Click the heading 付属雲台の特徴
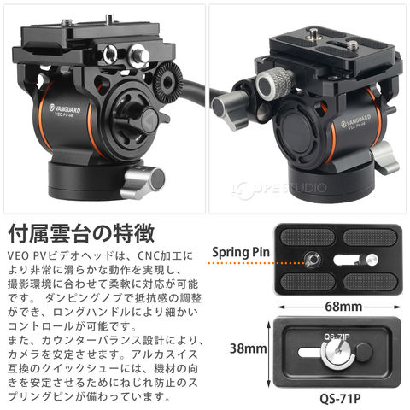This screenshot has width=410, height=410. (x=81, y=233)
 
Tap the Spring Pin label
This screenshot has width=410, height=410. (x=241, y=252)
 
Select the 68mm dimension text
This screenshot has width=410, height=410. (x=343, y=307)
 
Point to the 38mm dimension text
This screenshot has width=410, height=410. (x=249, y=348)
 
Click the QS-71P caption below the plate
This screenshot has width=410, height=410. (x=340, y=399)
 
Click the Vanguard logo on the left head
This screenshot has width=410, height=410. (x=65, y=109)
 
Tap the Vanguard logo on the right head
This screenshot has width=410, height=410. (x=356, y=120)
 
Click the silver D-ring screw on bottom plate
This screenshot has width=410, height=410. (x=338, y=353)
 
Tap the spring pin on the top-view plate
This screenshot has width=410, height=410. (x=312, y=259)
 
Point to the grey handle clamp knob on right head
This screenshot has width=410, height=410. (x=229, y=110)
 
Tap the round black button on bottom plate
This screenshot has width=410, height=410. (x=365, y=353)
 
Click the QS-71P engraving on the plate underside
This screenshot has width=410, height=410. (x=337, y=337)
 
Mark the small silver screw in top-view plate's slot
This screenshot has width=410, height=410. (x=372, y=260)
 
